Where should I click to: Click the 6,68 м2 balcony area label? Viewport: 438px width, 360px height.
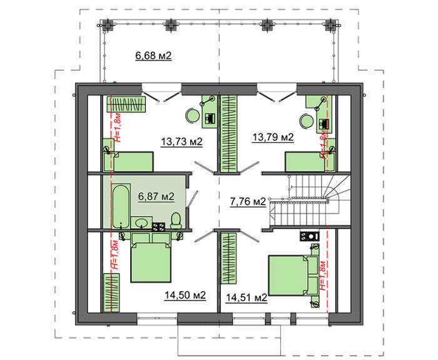[153, 56]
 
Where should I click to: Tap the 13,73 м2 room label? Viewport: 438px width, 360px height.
[181, 141]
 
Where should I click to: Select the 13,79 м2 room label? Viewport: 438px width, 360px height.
[273, 137]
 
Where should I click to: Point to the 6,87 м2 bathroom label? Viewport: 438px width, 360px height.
[156, 196]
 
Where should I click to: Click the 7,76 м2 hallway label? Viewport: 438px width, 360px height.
[248, 201]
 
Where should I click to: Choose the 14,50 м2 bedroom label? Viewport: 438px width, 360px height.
[185, 295]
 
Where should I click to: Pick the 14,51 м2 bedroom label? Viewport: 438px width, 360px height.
[247, 298]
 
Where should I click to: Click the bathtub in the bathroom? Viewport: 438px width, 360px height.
[121, 206]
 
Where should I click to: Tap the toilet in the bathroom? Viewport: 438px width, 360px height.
[176, 220]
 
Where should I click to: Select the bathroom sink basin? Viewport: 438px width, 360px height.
[141, 223]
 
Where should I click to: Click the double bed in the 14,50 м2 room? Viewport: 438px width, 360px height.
[151, 257]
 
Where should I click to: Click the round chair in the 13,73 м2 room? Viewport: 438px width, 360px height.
[193, 115]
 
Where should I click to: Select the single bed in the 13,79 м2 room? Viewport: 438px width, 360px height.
[310, 162]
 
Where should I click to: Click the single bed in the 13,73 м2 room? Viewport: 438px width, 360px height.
[128, 162]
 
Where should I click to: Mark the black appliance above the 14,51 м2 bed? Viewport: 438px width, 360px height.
[310, 236]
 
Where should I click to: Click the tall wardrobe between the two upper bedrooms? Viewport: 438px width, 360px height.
[229, 133]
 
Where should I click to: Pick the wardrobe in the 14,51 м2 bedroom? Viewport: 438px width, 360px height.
[228, 259]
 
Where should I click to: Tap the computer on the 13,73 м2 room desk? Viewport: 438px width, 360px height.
[210, 118]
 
